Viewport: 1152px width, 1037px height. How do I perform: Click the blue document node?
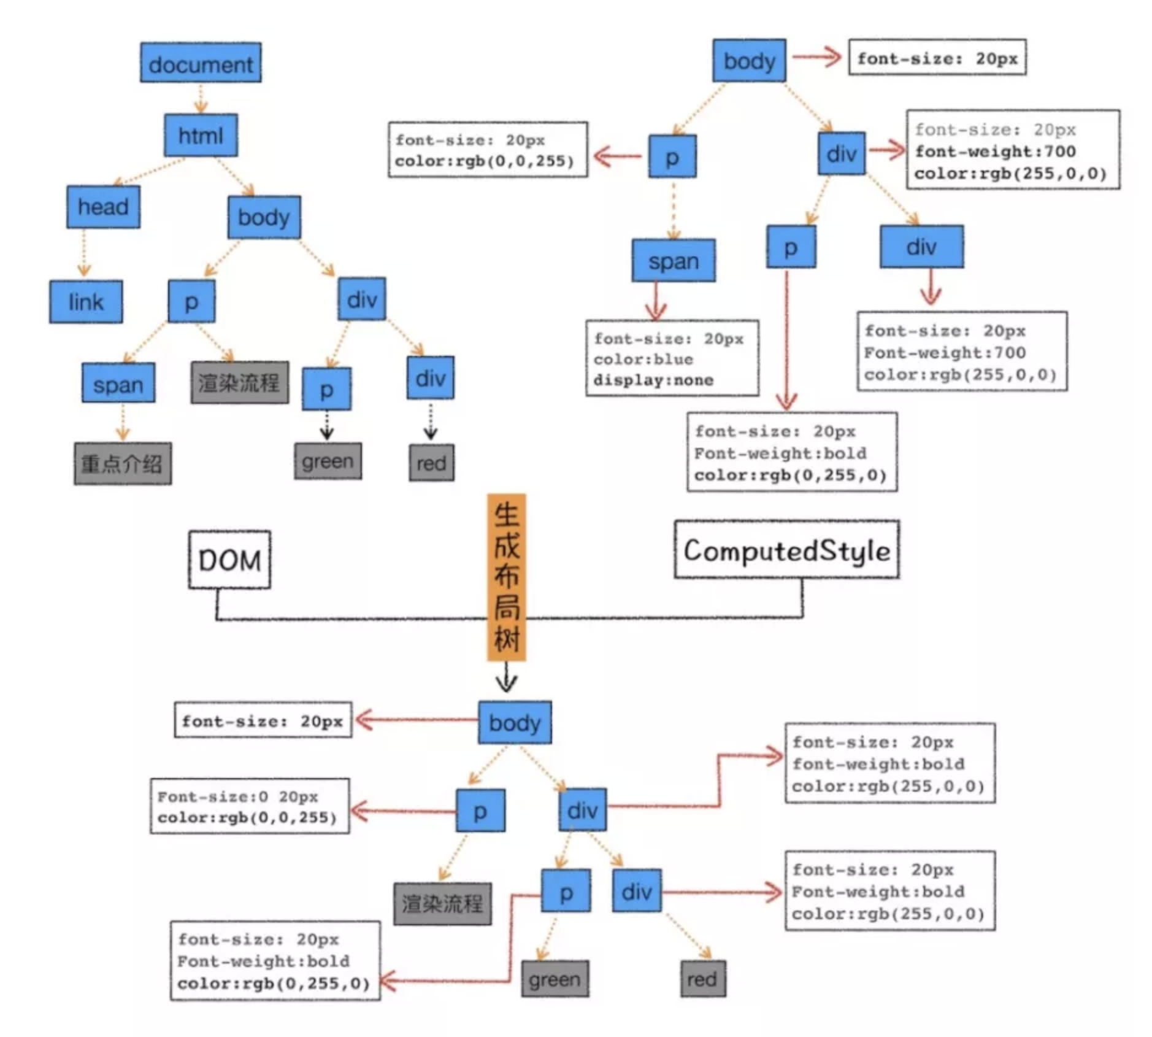(201, 63)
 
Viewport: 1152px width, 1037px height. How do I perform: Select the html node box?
(201, 135)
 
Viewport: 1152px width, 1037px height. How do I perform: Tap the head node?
(103, 207)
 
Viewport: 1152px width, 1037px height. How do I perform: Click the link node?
(86, 302)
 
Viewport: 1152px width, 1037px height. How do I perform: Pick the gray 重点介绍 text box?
(123, 463)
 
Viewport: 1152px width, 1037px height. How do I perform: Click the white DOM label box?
(229, 560)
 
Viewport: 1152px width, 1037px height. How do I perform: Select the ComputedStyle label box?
(787, 550)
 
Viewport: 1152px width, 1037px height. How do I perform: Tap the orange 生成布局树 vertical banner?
(507, 577)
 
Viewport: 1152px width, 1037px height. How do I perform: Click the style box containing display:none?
(672, 358)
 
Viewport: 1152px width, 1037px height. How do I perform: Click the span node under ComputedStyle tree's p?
(674, 261)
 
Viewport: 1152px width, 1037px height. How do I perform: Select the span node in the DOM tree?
(118, 384)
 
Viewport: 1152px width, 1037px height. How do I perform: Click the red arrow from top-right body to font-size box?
(816, 57)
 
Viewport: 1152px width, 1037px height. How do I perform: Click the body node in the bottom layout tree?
(515, 722)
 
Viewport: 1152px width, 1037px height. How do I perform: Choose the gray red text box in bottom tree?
(703, 979)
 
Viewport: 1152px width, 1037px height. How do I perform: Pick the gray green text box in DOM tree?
(328, 461)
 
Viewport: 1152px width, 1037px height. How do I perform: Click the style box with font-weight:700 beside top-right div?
(1013, 150)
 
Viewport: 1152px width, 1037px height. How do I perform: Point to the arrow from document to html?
(201, 98)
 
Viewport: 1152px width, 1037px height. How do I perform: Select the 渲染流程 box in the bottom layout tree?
(442, 904)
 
